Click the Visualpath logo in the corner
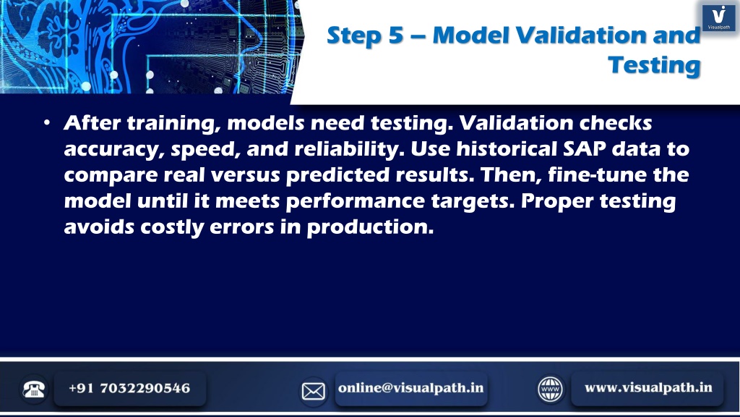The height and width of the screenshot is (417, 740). pyautogui.click(x=719, y=17)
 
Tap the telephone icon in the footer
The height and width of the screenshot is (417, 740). pyautogui.click(x=33, y=389)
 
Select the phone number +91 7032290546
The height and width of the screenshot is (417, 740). pyautogui.click(x=129, y=388)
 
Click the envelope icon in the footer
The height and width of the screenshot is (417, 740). pyautogui.click(x=313, y=391)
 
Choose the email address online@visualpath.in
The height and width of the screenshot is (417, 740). pyautogui.click(x=410, y=388)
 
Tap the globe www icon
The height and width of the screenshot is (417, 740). pyautogui.click(x=550, y=389)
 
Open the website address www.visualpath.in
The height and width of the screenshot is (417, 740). pyautogui.click(x=648, y=388)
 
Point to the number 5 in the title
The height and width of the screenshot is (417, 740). pyautogui.click(x=396, y=35)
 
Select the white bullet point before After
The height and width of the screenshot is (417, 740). pyautogui.click(x=47, y=123)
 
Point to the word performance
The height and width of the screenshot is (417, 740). pyautogui.click(x=356, y=201)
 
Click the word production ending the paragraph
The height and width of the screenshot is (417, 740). pyautogui.click(x=369, y=227)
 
